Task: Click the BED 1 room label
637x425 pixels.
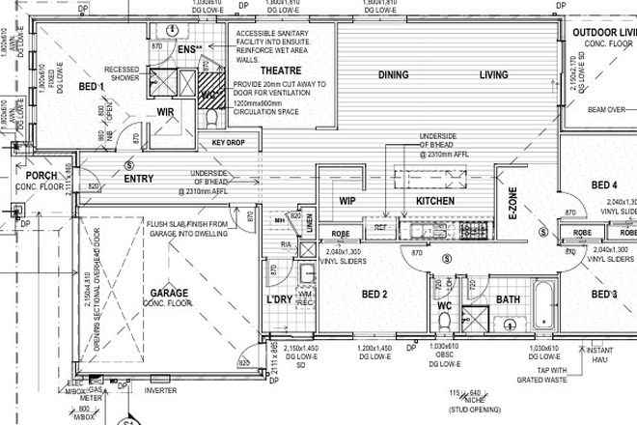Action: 90,87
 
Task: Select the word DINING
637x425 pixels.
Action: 393,74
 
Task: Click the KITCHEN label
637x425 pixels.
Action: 434,201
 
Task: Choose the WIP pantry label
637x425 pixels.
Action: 348,201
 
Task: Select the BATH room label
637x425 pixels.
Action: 508,300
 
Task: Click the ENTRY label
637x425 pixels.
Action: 139,178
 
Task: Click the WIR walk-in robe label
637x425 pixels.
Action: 166,111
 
